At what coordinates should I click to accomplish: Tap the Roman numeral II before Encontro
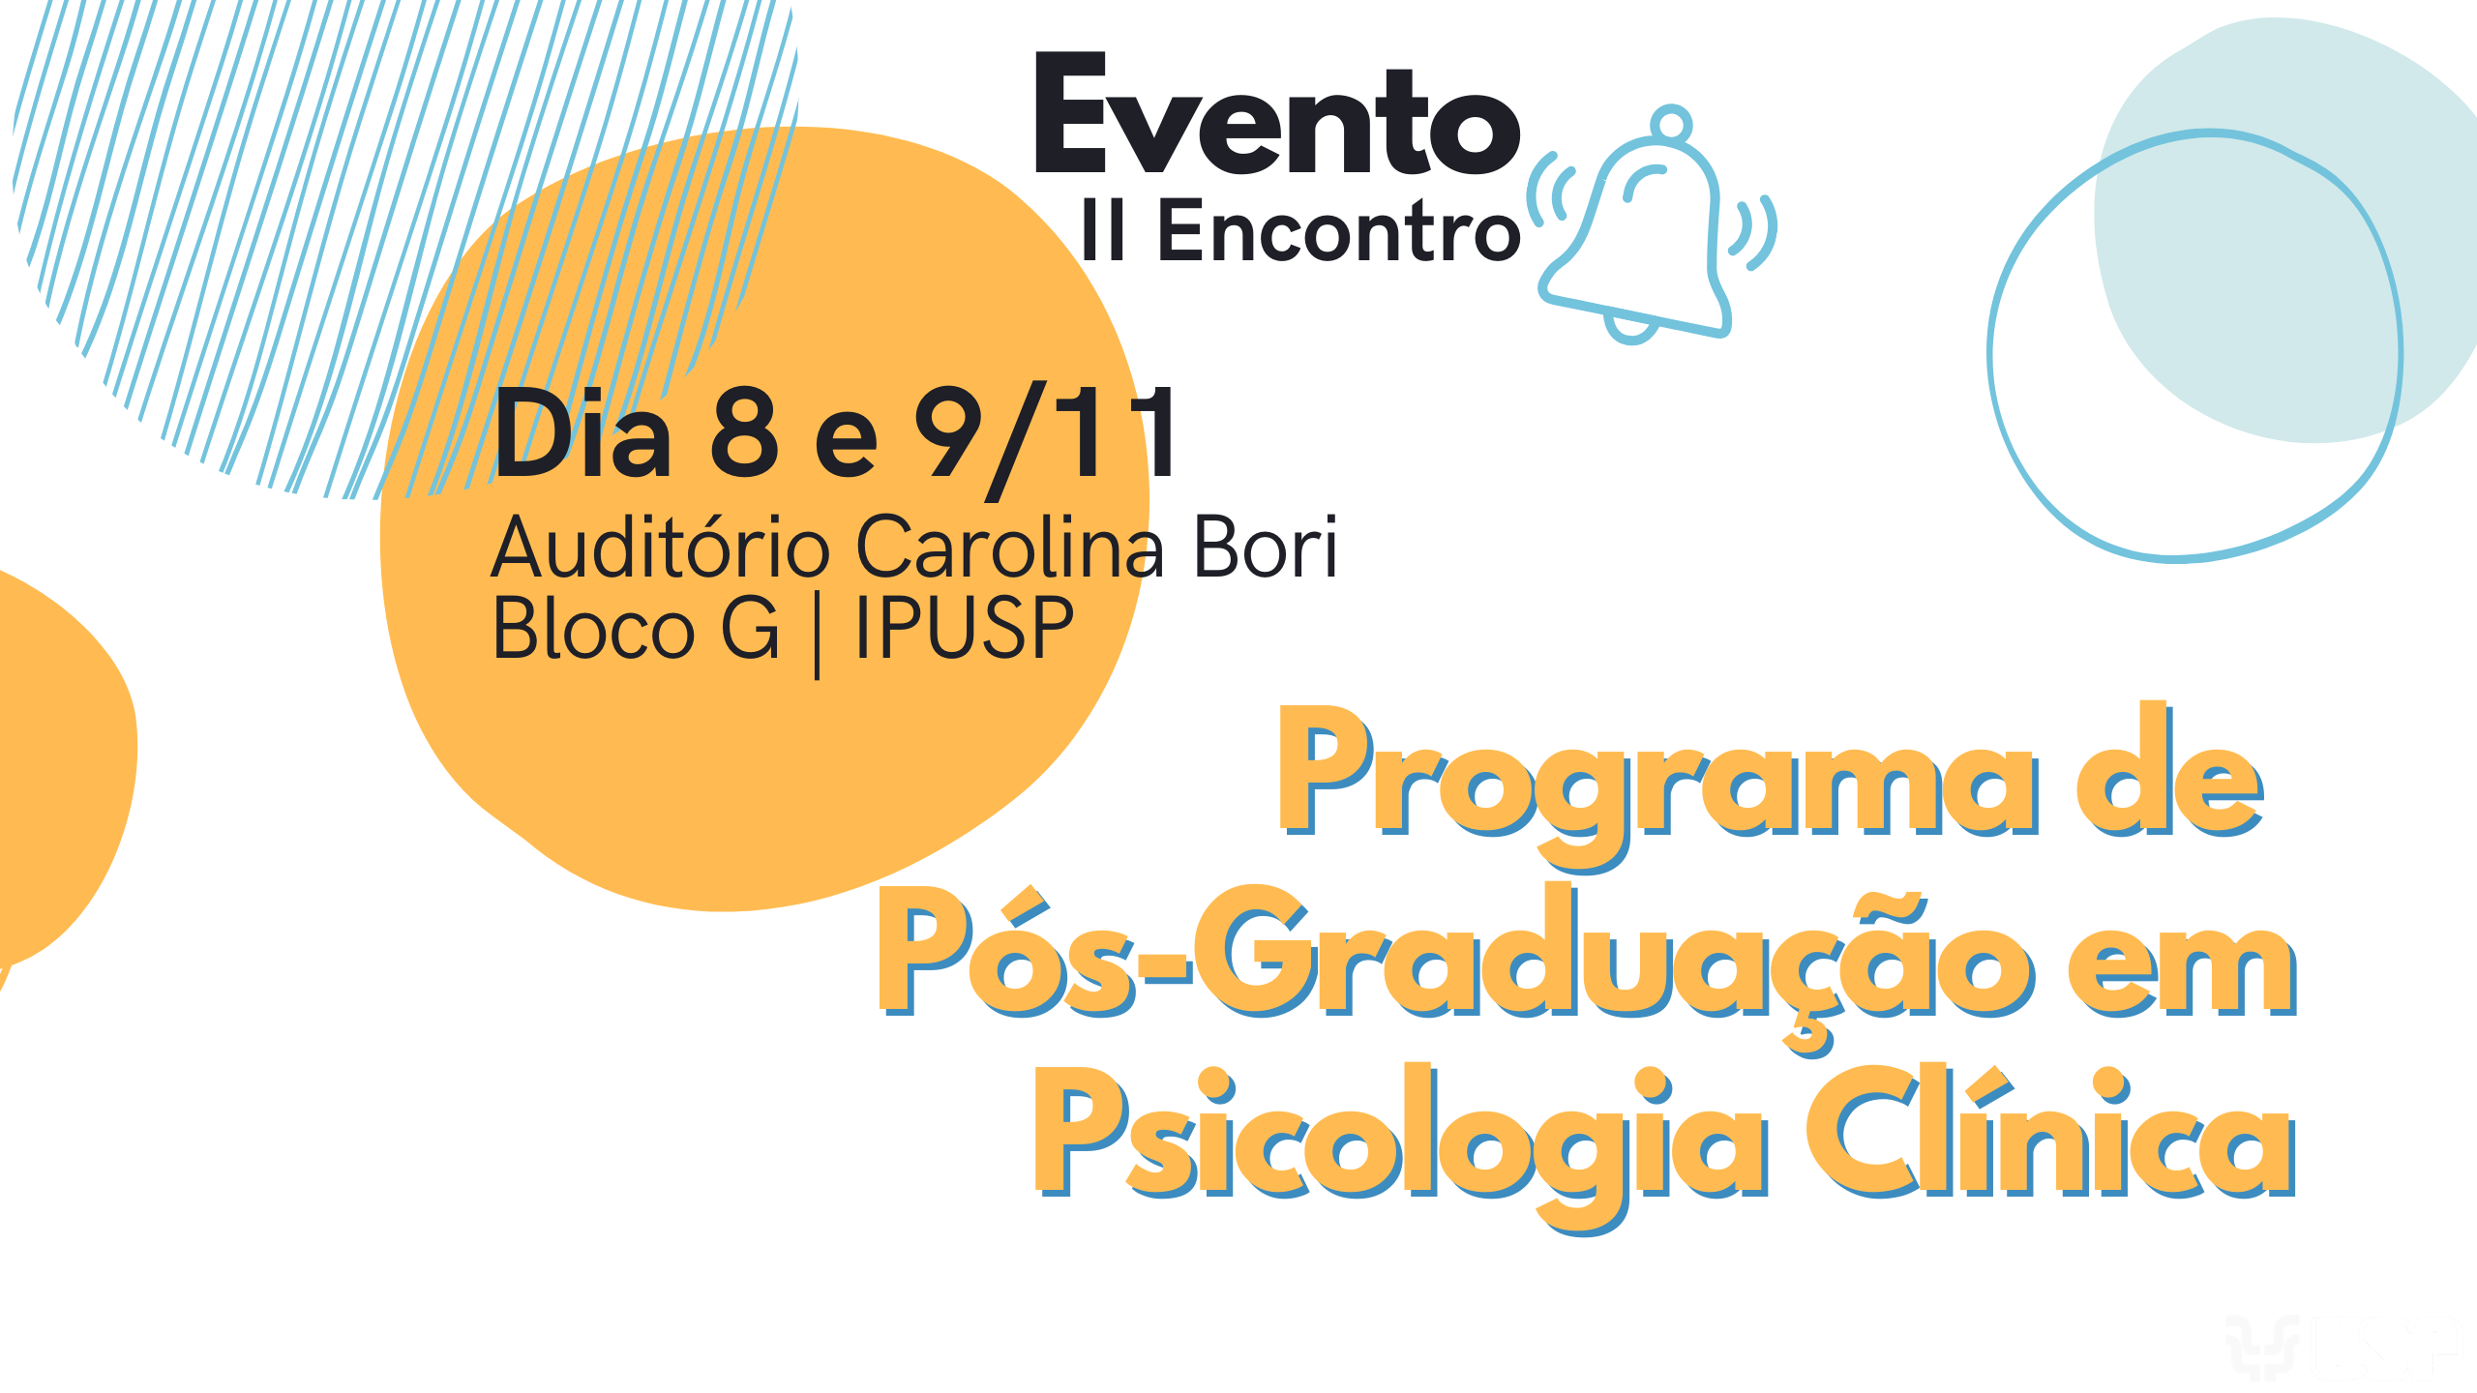coord(1103,228)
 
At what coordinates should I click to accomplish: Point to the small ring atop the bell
coord(1672,124)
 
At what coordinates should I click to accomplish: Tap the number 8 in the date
coord(744,432)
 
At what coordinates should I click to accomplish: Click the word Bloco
coord(594,628)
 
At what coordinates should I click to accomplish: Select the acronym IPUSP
coord(965,628)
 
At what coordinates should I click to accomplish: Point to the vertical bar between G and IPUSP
coord(818,635)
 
